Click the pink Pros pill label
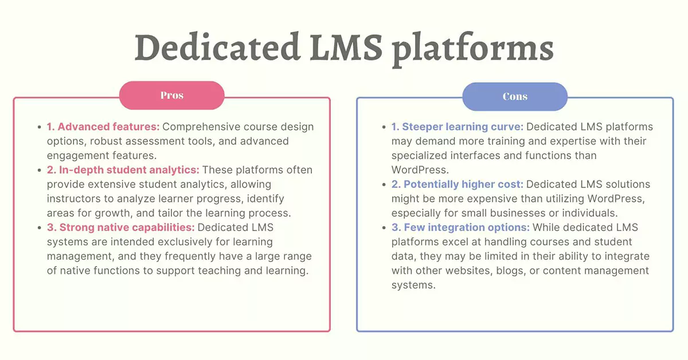pyautogui.click(x=171, y=96)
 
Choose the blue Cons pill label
pyautogui.click(x=515, y=96)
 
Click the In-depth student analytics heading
pyautogui.click(x=123, y=170)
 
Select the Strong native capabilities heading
pyautogui.click(x=121, y=228)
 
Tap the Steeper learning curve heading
pyautogui.click(x=458, y=127)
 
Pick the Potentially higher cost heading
pyautogui.click(x=458, y=185)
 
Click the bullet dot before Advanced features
pyautogui.click(x=39, y=127)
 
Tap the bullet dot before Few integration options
pyautogui.click(x=384, y=228)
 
